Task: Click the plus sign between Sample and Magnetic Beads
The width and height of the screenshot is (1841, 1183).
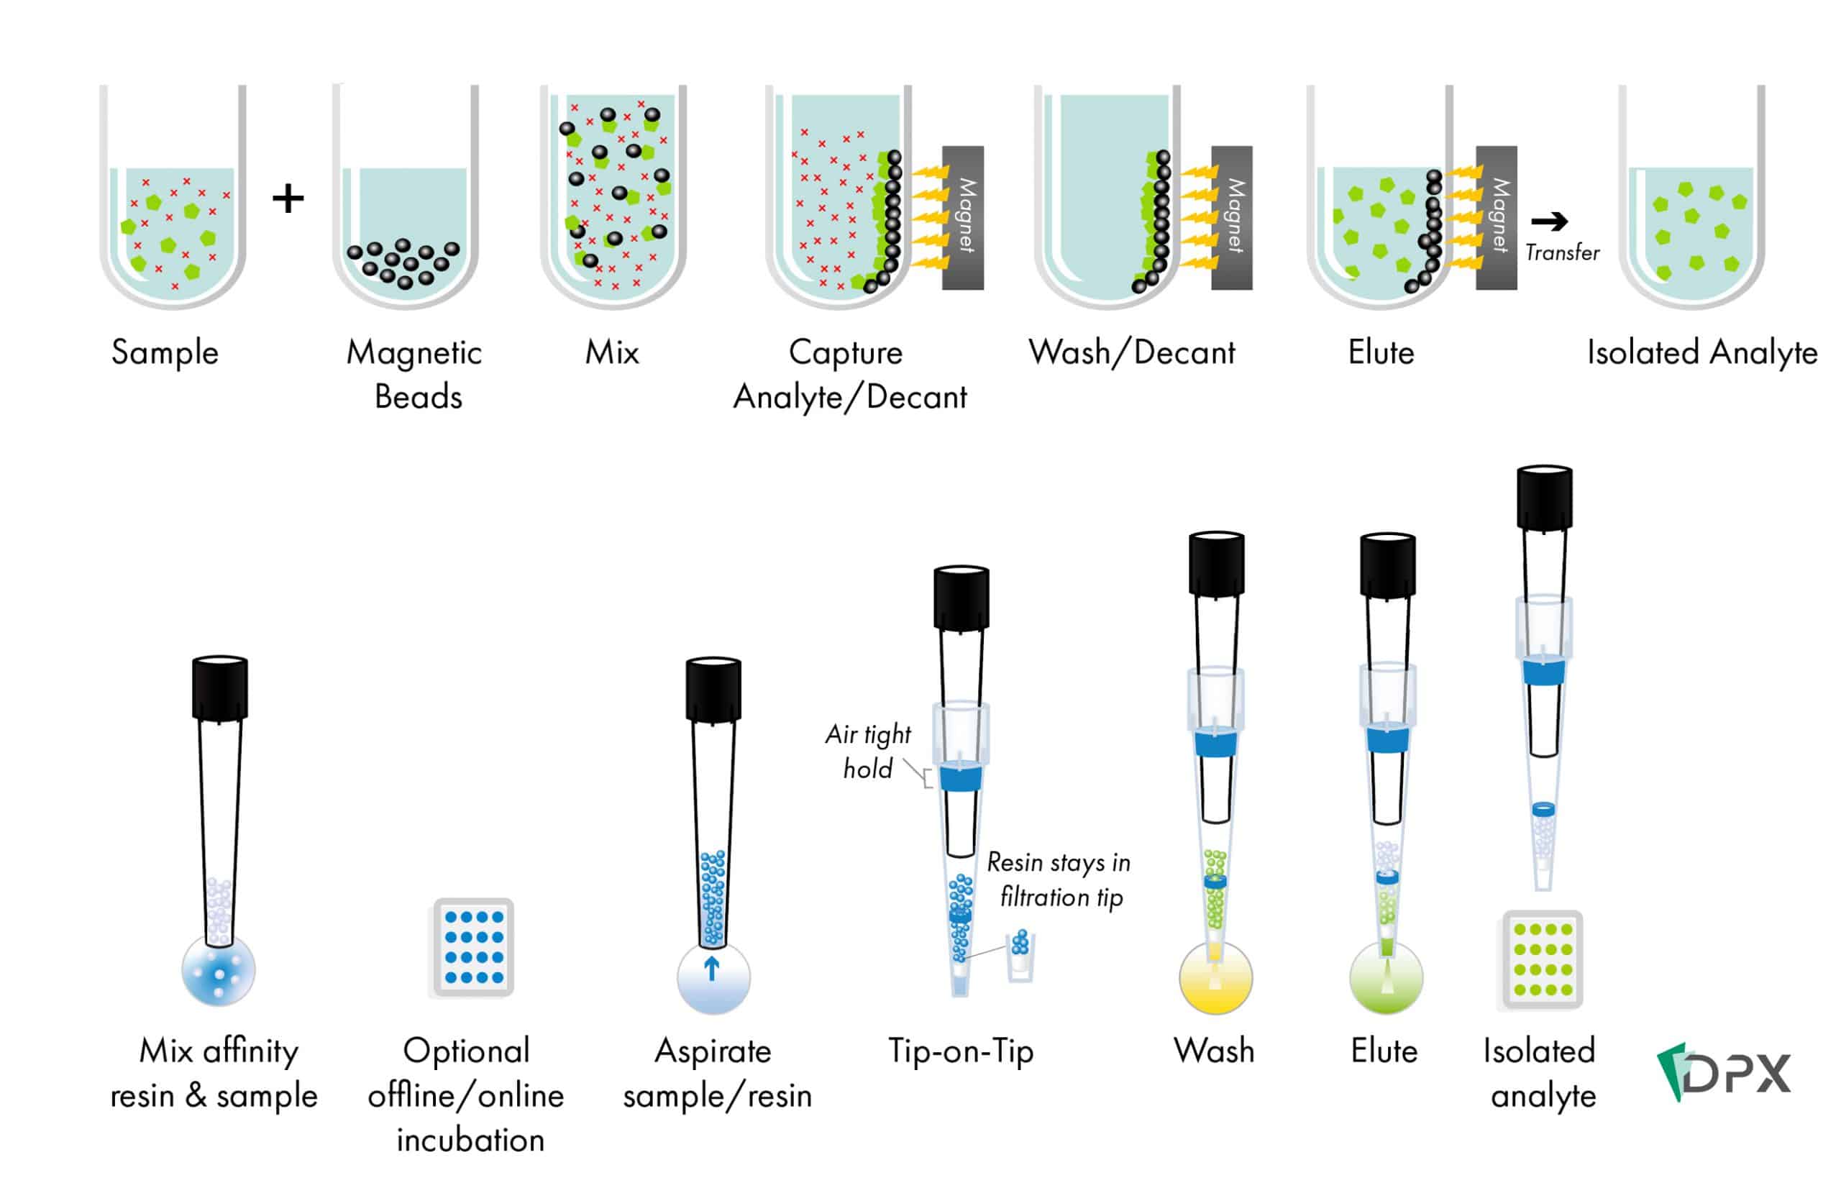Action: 288,199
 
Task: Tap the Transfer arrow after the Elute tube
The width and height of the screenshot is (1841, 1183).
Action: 1548,222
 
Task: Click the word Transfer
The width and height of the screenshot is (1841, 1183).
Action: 1561,252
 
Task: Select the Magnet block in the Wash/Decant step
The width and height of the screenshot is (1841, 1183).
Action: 1231,217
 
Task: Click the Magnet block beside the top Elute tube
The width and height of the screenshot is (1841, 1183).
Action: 1495,217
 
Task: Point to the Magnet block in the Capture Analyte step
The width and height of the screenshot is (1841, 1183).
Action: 962,217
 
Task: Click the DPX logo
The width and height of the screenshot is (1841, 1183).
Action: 1723,1072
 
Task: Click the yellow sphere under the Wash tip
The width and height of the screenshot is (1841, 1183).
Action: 1215,979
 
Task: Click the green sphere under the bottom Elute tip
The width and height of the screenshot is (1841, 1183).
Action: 1386,979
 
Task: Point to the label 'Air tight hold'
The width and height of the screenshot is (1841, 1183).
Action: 868,752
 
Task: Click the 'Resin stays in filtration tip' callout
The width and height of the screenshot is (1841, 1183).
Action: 1059,880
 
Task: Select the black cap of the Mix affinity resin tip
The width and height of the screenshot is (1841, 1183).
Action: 219,688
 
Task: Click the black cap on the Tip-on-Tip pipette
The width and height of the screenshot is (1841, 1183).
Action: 961,599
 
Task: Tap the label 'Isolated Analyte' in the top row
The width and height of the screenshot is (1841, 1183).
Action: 1701,352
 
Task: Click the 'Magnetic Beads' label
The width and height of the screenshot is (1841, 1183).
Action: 415,374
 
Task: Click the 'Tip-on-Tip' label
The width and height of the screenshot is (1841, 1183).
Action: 961,1051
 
